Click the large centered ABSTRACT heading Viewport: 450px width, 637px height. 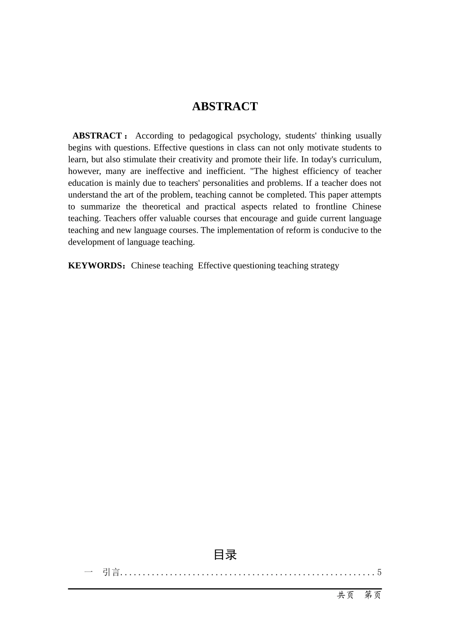pyautogui.click(x=225, y=107)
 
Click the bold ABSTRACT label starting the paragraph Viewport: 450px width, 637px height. pyautogui.click(x=97, y=136)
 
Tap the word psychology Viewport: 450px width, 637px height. pyautogui.click(x=258, y=136)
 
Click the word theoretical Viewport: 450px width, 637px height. pyautogui.click(x=161, y=207)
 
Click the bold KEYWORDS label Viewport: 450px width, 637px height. pyautogui.click(x=96, y=266)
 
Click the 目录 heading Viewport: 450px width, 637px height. pyautogui.click(x=225, y=555)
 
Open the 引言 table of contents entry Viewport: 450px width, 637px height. pyautogui.click(x=111, y=573)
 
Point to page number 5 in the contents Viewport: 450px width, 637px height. pyautogui.click(x=379, y=573)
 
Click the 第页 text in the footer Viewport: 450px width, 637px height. pyautogui.click(x=373, y=595)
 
